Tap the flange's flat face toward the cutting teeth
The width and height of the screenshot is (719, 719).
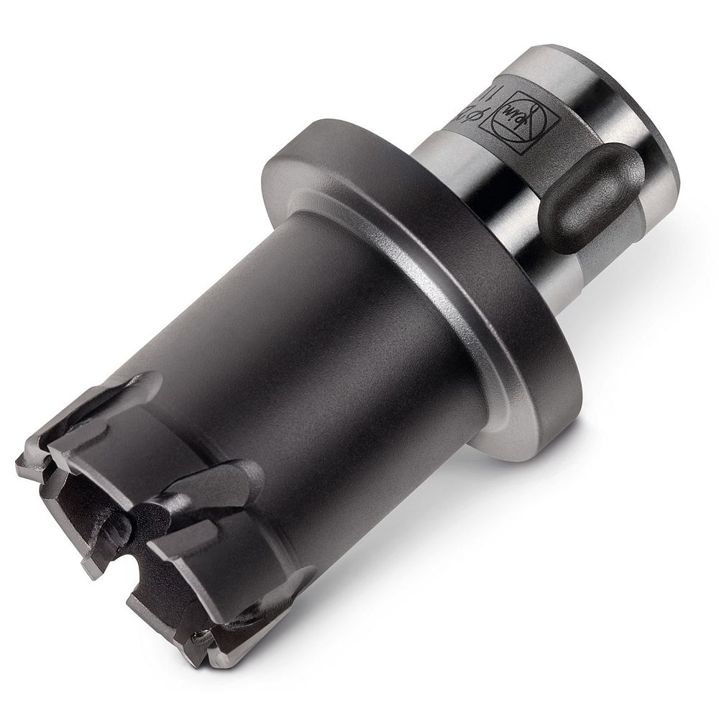click(374, 216)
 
